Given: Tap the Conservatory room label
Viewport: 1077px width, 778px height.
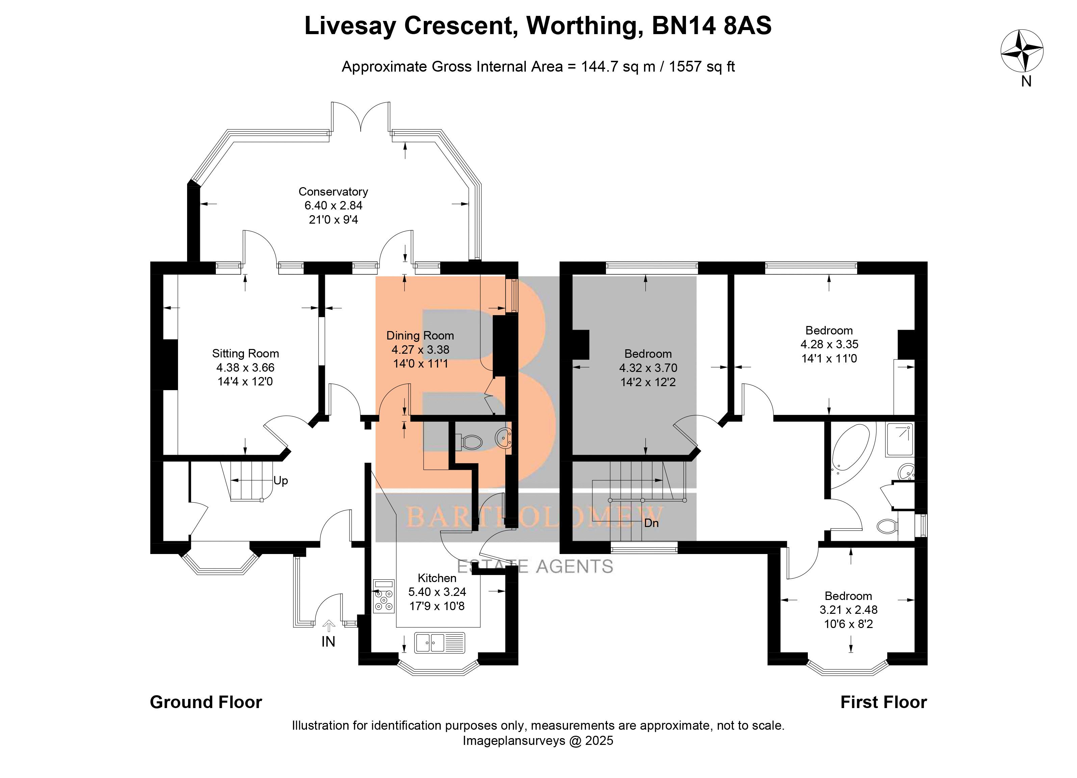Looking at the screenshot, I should pyautogui.click(x=333, y=192).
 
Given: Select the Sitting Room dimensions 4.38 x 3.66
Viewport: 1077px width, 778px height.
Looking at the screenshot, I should pyautogui.click(x=245, y=368).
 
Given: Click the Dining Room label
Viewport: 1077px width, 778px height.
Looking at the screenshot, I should pyautogui.click(x=420, y=336).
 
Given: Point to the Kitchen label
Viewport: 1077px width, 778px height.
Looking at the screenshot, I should pyautogui.click(x=437, y=578).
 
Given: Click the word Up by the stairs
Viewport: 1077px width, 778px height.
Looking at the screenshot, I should pyautogui.click(x=281, y=481).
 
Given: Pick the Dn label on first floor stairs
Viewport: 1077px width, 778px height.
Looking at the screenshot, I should pyautogui.click(x=651, y=523).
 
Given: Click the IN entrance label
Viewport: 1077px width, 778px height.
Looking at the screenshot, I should pyautogui.click(x=328, y=642).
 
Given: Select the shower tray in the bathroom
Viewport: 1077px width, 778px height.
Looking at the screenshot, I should pyautogui.click(x=899, y=440).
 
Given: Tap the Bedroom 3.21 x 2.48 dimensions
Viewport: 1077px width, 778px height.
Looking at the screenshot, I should pyautogui.click(x=848, y=610).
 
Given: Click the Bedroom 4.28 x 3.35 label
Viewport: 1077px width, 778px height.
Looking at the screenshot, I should pyautogui.click(x=829, y=331).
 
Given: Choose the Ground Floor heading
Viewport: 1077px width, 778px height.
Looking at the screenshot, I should pyautogui.click(x=206, y=702).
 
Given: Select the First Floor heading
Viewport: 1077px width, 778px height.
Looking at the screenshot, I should pyautogui.click(x=883, y=702).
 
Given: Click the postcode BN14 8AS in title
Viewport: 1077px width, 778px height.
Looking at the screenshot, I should pyautogui.click(x=711, y=26).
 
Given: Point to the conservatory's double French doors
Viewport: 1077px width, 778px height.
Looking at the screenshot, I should pyautogui.click(x=361, y=116).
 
